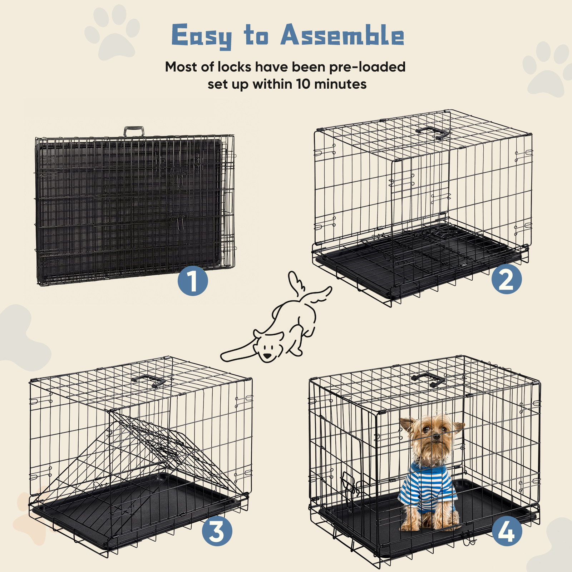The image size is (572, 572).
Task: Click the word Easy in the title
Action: coord(202,36)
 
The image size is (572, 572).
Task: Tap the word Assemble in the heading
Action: coord(342,36)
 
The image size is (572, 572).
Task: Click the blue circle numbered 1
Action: coord(193,281)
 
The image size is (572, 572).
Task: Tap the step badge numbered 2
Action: coord(506,279)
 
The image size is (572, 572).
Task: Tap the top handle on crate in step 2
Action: coord(433,132)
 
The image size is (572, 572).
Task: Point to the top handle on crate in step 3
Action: coord(148,381)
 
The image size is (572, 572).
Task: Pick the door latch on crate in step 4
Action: coord(349,483)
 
